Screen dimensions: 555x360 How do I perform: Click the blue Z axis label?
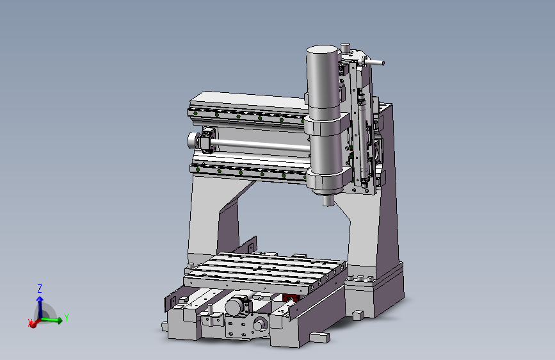pos(40,288)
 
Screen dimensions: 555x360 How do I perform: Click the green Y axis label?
pos(66,318)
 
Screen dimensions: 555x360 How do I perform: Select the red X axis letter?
pos(29,322)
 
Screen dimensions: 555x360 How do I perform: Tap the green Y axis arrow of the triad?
pos(51,320)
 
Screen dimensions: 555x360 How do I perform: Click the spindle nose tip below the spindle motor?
pos(328,200)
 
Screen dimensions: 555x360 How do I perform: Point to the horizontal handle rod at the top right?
pos(374,62)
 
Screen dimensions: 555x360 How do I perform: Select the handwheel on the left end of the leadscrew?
pos(193,141)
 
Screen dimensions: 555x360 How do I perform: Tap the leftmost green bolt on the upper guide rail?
pos(195,113)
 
